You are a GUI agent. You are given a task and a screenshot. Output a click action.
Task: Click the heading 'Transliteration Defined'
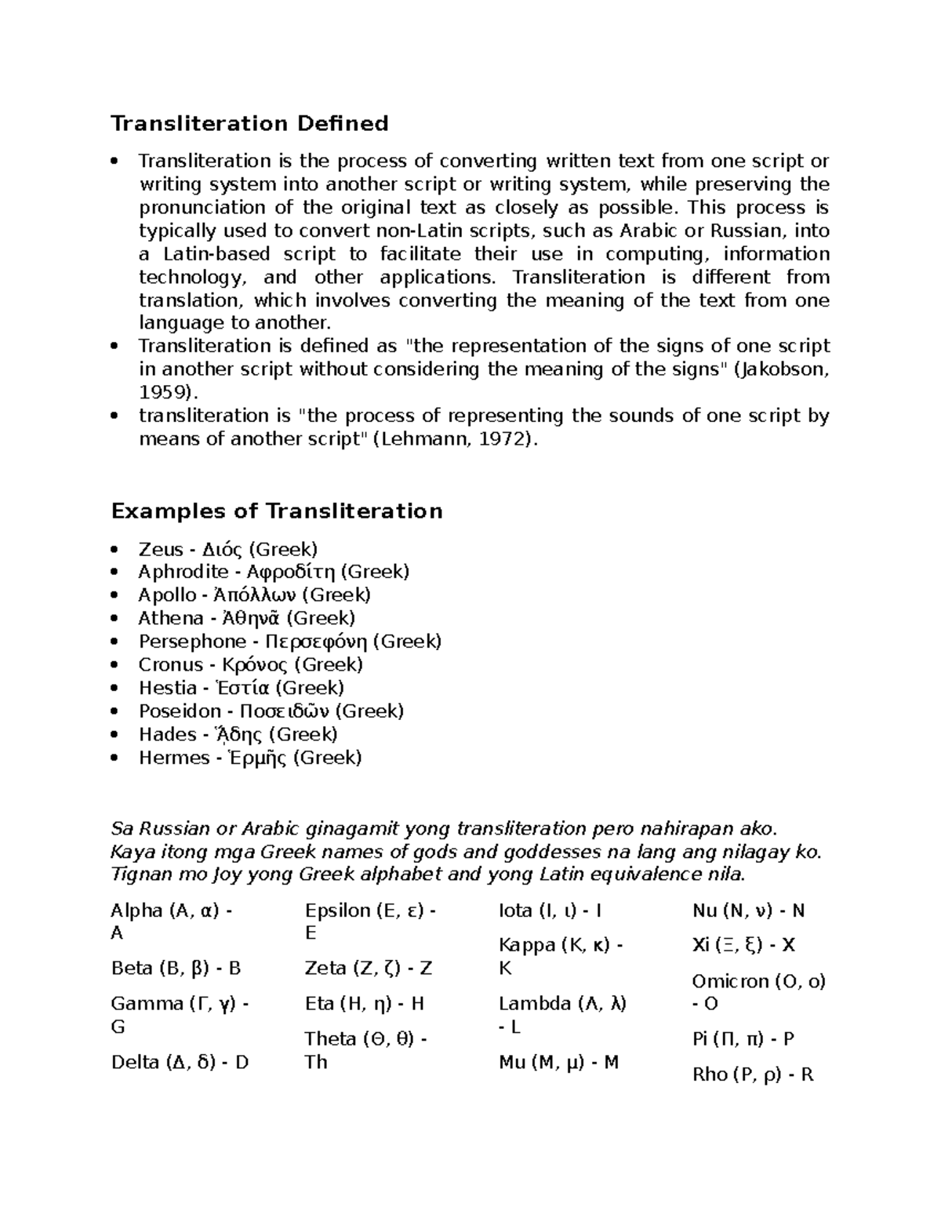249,124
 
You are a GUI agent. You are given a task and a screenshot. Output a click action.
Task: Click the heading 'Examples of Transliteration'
277,511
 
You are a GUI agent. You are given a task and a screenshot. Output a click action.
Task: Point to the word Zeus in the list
161,549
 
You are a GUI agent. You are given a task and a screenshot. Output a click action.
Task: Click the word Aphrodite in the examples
183,572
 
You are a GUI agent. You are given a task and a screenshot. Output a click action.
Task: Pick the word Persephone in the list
192,642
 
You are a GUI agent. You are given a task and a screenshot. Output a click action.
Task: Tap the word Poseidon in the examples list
180,711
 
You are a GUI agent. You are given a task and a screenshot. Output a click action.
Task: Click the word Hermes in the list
174,758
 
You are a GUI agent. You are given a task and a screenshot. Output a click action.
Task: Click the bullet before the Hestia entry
116,689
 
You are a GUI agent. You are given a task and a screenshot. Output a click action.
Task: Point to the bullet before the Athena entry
116,619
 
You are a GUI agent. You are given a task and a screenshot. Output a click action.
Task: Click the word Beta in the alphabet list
131,969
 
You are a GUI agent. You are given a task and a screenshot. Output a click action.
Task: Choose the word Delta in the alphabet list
135,1063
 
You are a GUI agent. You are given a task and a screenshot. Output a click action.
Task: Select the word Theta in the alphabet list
330,1039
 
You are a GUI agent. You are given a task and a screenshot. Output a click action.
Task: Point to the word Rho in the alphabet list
709,1075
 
